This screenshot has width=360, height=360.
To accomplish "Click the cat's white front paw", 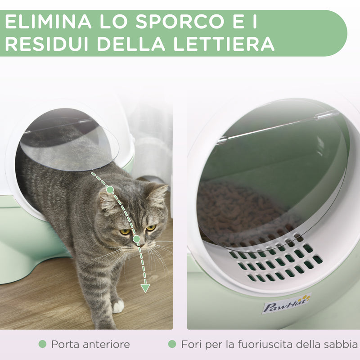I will click(x=118, y=306).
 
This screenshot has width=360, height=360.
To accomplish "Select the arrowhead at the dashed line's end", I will click(x=145, y=288).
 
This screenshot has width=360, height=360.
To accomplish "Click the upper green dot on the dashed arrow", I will click(x=110, y=190).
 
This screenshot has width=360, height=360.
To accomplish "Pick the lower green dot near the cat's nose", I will click(x=136, y=239).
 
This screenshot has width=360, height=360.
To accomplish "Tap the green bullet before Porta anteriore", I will click(x=42, y=344).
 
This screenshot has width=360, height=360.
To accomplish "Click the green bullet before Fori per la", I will click(x=172, y=344).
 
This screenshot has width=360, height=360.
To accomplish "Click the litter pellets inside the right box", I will click(x=234, y=211).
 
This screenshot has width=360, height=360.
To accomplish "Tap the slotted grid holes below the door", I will click(x=274, y=261).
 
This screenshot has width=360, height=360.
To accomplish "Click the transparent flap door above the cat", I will click(x=67, y=139).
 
